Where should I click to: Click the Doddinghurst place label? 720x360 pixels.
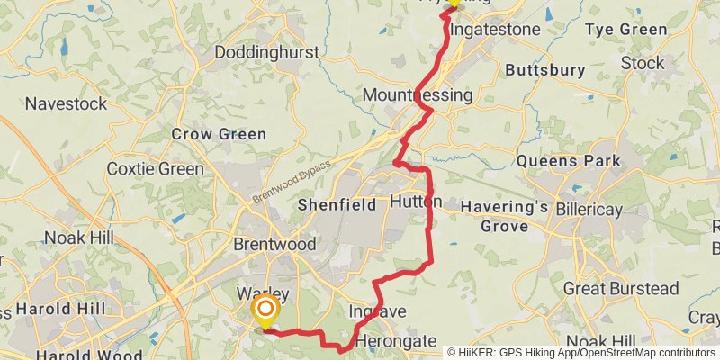pos(266,53)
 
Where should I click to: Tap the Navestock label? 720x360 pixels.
pos(66,103)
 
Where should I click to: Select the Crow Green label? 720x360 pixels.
pos(219,134)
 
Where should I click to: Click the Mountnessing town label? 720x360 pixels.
pos(417,95)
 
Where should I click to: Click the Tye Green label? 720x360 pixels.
pos(626,30)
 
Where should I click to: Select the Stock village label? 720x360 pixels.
pos(643,63)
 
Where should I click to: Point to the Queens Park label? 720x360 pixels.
pos(570,162)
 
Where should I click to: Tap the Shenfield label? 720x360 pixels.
pos(337,205)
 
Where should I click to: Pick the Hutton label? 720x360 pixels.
pos(415,202)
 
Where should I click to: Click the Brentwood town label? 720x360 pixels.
pos(274,245)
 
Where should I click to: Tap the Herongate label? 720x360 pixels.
pos(396,342)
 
